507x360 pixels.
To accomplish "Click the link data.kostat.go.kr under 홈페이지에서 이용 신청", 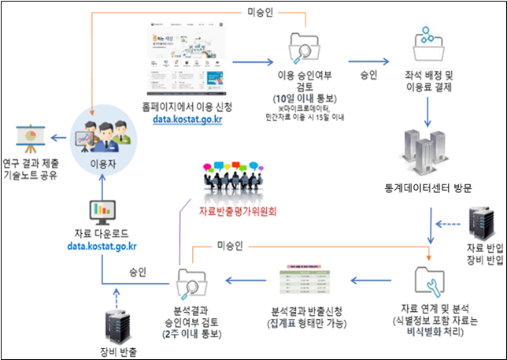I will click(x=187, y=119).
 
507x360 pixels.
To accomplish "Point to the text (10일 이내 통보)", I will click(x=301, y=98).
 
